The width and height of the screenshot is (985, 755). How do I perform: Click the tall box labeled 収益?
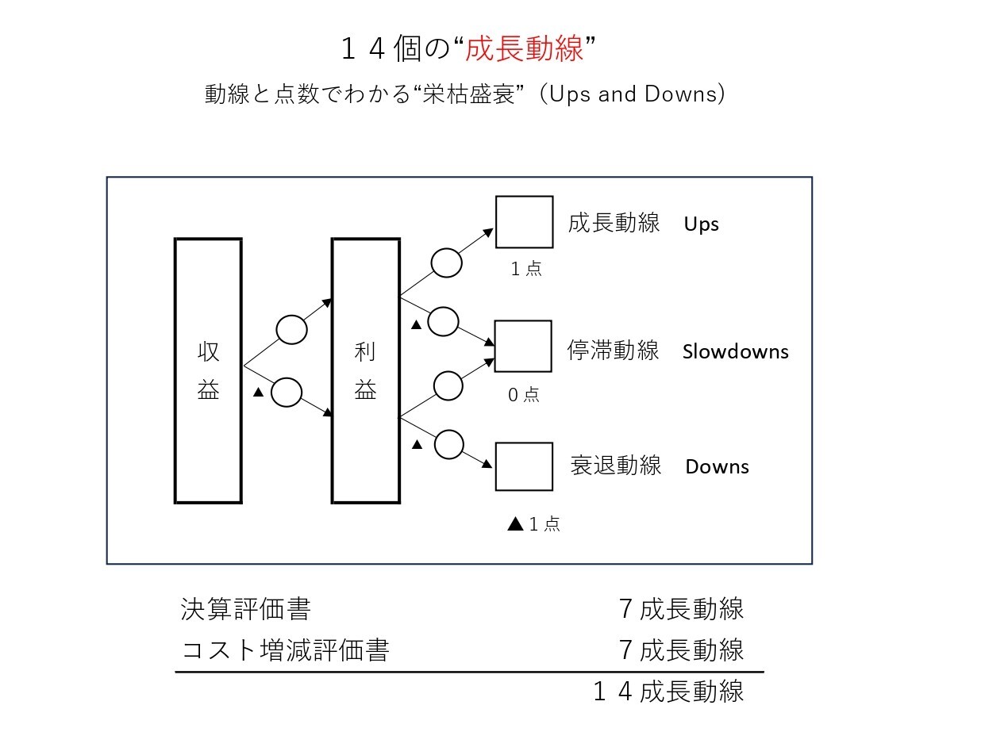pos(175,370)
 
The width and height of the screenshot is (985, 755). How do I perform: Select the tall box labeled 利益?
pos(333,370)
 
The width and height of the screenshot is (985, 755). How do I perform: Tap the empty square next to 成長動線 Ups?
pos(496,221)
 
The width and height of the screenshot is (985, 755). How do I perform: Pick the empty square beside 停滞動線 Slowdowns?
pos(495,346)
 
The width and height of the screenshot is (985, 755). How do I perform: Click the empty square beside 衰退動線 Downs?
pos(496,466)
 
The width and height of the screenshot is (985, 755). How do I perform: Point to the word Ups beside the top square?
pos(701,224)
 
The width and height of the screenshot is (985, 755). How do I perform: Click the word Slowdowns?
pos(735,351)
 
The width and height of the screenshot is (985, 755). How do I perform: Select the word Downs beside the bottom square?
pos(717,466)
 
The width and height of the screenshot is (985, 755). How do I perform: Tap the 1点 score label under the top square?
pos(525,269)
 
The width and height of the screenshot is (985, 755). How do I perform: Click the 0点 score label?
pos(524,394)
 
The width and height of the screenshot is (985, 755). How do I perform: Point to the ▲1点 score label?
pos(533,524)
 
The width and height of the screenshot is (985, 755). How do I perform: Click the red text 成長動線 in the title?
pos(524,48)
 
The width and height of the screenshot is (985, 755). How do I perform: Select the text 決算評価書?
pos(245,609)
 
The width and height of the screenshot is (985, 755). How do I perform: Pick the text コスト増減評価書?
pos(285,650)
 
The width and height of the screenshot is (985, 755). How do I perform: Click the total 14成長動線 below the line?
pos(668,691)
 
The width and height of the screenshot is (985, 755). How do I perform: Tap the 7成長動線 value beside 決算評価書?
pos(681,609)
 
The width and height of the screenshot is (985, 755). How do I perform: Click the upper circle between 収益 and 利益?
pos(291,316)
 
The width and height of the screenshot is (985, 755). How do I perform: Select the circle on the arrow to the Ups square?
pos(447,249)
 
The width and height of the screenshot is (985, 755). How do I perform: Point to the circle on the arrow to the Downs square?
pos(448,431)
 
